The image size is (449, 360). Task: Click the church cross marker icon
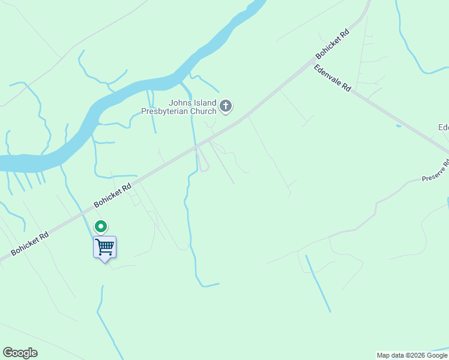click(226, 107)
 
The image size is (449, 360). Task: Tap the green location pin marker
click(101, 227)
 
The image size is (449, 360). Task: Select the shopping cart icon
click(104, 247)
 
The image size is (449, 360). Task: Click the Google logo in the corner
click(20, 353)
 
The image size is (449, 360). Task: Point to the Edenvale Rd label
click(332, 78)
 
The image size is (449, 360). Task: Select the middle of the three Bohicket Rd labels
click(112, 197)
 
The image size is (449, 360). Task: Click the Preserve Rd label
click(435, 172)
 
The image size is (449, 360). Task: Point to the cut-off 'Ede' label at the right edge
click(443, 127)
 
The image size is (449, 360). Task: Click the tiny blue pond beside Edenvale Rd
click(398, 126)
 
